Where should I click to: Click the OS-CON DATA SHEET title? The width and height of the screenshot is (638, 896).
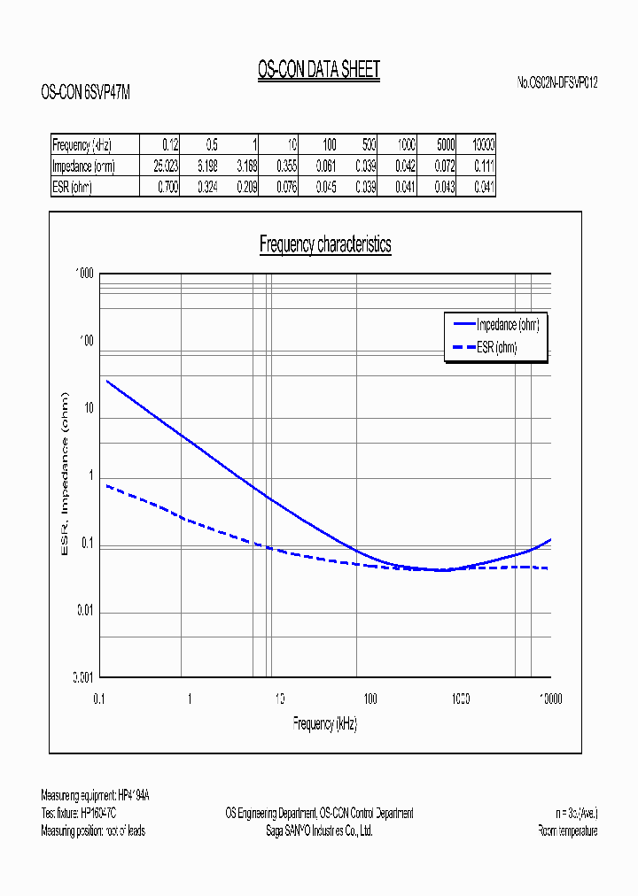[x=318, y=71]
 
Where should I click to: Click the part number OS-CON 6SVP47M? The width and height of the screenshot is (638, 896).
[x=86, y=91]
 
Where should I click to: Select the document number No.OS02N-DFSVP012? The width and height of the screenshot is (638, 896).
[x=557, y=82]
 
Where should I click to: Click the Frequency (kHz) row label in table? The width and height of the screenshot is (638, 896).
[x=82, y=145]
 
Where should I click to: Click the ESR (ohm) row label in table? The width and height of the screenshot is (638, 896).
[x=73, y=187]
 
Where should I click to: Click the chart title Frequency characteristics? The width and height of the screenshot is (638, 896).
[x=325, y=245]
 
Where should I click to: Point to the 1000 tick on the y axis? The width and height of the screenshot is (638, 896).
[x=85, y=274]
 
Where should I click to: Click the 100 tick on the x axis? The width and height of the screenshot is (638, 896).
[x=370, y=699]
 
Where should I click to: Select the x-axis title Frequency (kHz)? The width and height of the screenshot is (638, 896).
[x=325, y=723]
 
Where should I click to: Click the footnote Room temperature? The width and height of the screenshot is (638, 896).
[x=567, y=830]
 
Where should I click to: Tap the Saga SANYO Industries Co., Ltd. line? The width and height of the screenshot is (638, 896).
[x=319, y=830]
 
